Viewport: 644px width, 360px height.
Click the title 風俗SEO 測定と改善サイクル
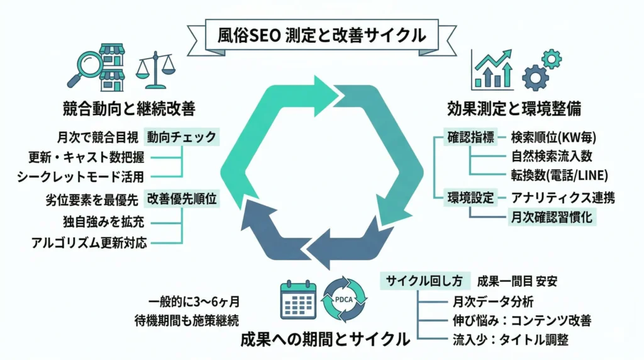coord(321,33)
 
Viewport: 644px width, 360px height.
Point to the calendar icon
coord(298,299)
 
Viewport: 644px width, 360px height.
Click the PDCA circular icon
coord(343,299)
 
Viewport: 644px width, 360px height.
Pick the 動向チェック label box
coord(182,136)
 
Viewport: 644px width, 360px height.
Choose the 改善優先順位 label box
coord(182,200)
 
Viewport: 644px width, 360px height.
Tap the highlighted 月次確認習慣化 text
coord(553,218)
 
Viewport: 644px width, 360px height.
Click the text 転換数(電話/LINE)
coord(555,176)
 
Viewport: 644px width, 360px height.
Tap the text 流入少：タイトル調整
coord(511,340)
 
